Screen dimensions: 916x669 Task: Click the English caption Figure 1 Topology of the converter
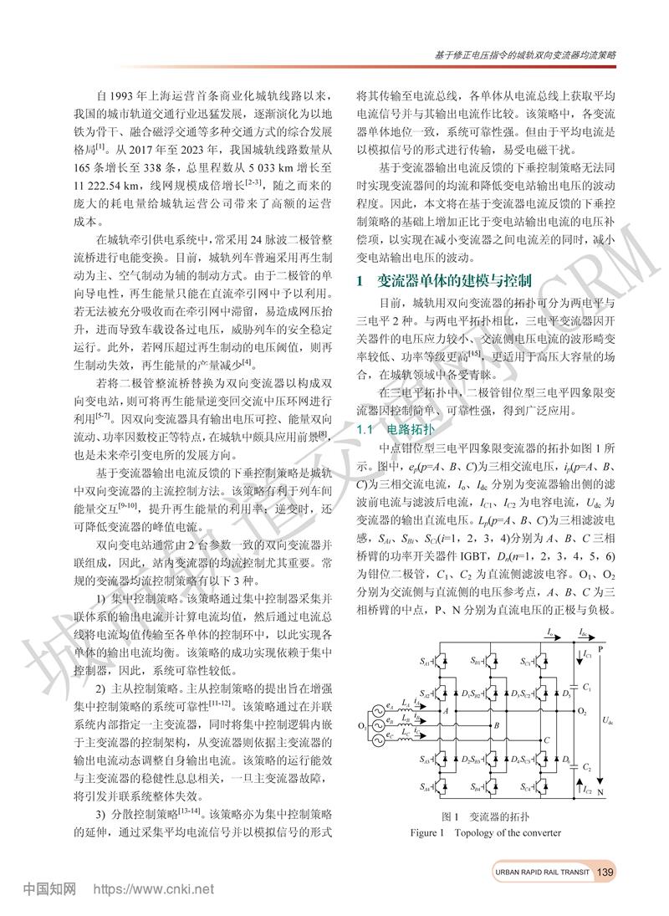click(485, 833)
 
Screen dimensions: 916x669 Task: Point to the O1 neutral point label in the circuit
click(361, 725)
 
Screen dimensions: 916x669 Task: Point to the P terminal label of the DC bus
click(600, 647)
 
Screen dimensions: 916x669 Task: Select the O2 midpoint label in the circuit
click(582, 711)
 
